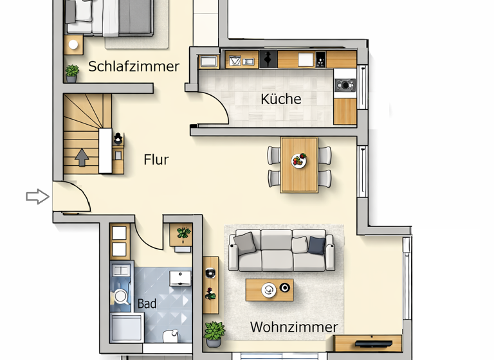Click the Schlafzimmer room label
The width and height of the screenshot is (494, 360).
pos(134,66)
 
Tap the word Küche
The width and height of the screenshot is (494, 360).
pos(281,99)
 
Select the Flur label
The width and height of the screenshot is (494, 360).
pos(156,159)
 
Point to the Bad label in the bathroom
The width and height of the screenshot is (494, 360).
pos(147,303)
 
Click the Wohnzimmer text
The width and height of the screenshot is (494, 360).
pos(293,327)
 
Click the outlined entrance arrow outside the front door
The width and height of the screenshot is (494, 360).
pos(37,197)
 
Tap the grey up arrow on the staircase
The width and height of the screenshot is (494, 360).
pos(82,157)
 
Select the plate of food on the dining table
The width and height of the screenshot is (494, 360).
pos(298,161)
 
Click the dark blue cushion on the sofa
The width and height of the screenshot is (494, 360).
pos(316,246)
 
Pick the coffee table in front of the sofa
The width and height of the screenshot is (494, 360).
pos(270,290)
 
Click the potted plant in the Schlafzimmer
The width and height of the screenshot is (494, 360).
pos(72,73)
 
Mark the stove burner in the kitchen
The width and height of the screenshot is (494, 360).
pos(345,84)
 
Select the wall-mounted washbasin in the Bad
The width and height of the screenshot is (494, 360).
pos(180,278)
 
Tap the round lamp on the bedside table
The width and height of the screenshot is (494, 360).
pos(73,45)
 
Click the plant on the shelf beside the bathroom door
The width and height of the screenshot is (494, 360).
pos(183,234)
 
